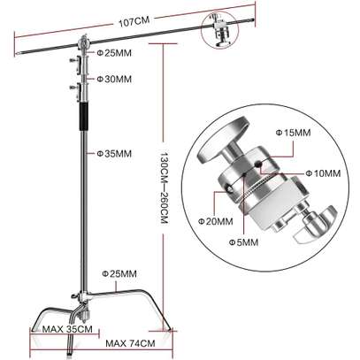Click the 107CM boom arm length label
[x=134, y=22]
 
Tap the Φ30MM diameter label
[x=114, y=79]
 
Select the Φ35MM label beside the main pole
[x=114, y=153]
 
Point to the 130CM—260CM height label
[x=164, y=188]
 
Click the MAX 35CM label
[x=67, y=329]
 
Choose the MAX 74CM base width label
[x=130, y=344]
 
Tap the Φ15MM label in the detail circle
[x=293, y=133]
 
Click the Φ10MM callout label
[x=323, y=173]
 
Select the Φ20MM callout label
[x=215, y=221]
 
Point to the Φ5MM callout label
[x=243, y=242]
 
